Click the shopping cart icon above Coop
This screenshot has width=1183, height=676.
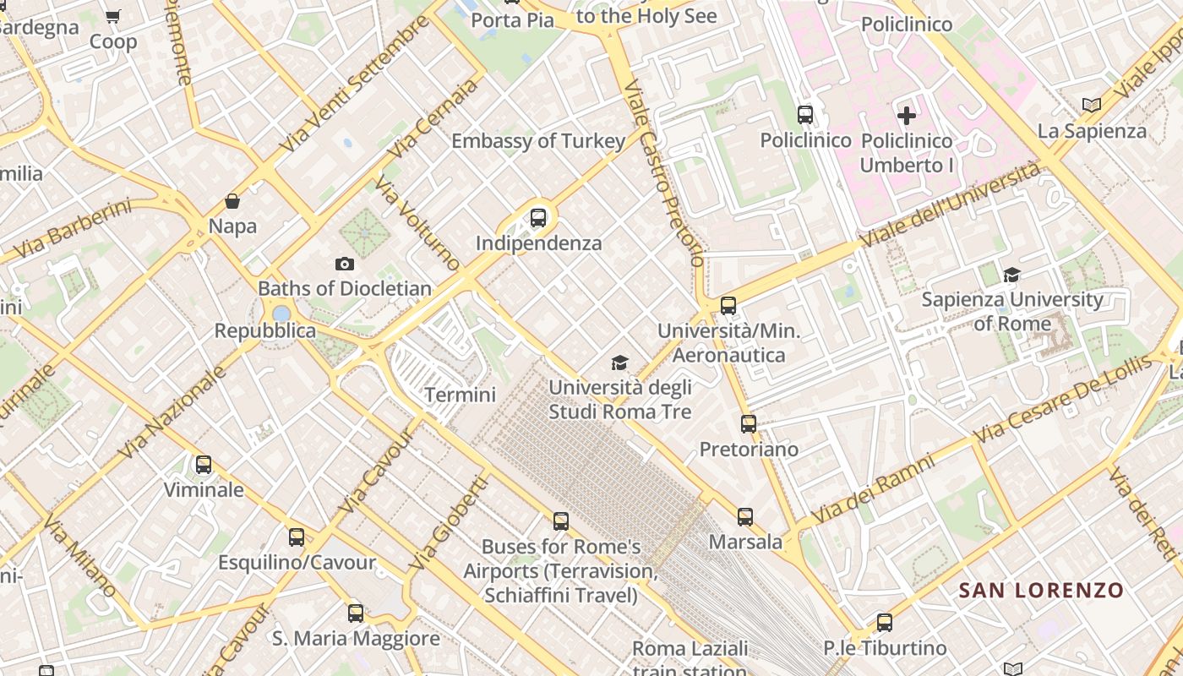click(112, 16)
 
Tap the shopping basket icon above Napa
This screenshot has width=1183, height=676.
click(232, 201)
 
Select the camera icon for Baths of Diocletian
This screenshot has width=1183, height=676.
click(344, 264)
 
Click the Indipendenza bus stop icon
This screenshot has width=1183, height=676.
click(538, 218)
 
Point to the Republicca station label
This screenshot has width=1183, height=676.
click(264, 330)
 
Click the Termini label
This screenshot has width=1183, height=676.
click(460, 395)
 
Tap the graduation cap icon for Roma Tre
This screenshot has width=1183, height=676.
click(620, 363)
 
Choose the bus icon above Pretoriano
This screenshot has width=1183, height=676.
click(749, 424)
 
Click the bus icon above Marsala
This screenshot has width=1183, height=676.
click(744, 517)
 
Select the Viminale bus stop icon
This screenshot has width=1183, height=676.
click(204, 465)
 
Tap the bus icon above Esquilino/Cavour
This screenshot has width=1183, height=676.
click(297, 537)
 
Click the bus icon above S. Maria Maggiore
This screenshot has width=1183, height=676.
click(356, 613)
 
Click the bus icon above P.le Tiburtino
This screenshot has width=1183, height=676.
click(885, 623)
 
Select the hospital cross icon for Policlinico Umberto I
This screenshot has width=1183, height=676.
click(907, 115)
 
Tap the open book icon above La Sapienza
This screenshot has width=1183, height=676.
click(1092, 105)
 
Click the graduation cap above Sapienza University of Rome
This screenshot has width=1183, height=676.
click(1011, 275)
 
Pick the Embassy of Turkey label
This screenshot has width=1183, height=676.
click(538, 140)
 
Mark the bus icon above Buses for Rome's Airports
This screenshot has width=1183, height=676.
click(561, 521)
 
